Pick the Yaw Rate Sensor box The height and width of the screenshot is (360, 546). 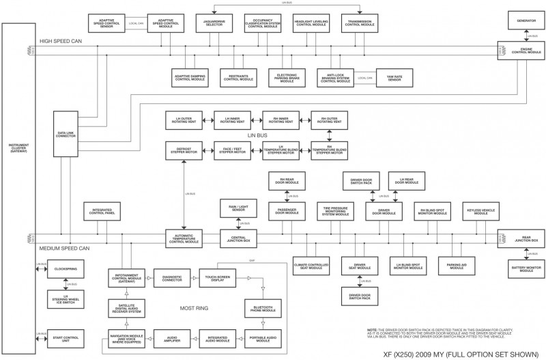(x=395, y=79)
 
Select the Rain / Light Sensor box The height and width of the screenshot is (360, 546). (x=238, y=208)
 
